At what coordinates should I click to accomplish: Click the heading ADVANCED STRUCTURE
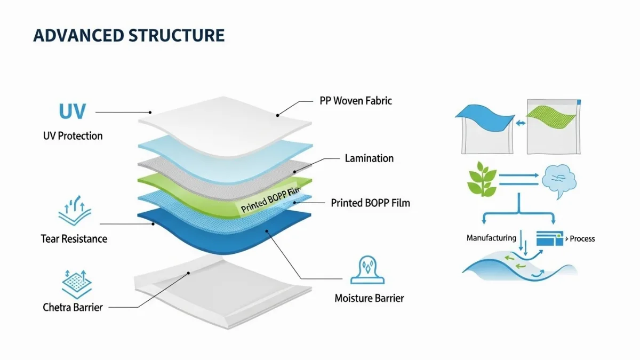point(129,36)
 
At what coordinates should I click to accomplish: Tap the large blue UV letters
point(72,112)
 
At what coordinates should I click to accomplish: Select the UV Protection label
point(73,135)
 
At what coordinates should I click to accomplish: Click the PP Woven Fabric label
point(355,100)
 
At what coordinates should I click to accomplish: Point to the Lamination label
point(369,158)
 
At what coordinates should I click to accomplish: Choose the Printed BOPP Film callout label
point(370,203)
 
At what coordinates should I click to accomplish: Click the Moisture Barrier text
point(369,298)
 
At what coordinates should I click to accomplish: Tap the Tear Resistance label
point(74,238)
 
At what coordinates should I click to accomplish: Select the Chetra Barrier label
point(73,307)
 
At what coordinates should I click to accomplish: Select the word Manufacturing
point(491,238)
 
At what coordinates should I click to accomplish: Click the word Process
point(582,238)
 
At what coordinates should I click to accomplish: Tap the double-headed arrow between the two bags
point(521,123)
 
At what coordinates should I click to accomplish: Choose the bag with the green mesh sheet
point(553,126)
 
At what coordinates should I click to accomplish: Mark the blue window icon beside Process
point(550,238)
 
